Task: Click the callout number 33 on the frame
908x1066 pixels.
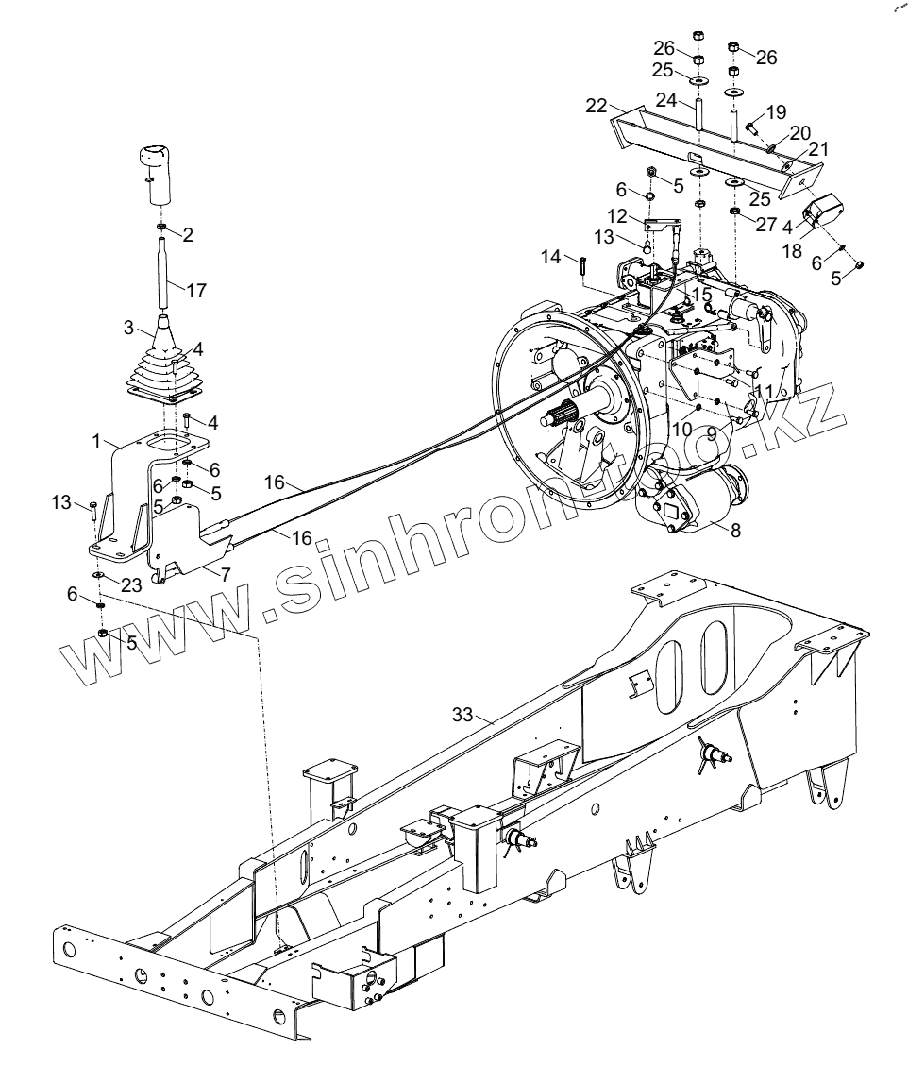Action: pyautogui.click(x=462, y=716)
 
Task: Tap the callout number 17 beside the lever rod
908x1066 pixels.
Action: pyautogui.click(x=195, y=291)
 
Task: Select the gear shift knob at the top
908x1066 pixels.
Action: pyautogui.click(x=161, y=169)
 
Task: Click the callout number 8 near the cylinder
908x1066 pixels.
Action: pyautogui.click(x=735, y=530)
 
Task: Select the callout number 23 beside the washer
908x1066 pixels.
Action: pyautogui.click(x=130, y=584)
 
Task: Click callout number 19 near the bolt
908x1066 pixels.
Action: pyautogui.click(x=776, y=111)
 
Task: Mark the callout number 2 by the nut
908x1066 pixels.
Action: pyautogui.click(x=187, y=235)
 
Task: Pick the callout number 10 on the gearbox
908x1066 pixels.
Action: pyautogui.click(x=682, y=428)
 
